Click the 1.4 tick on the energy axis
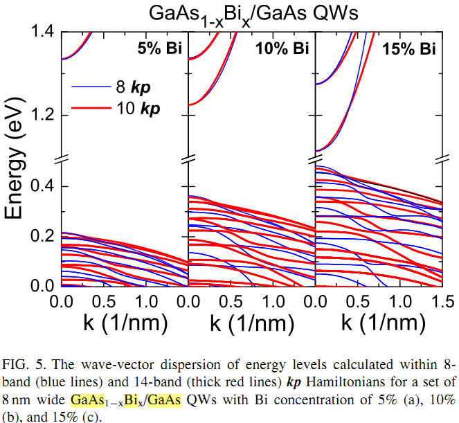pyautogui.click(x=42, y=31)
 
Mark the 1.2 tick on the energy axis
pyautogui.click(x=42, y=114)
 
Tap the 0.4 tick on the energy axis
pyautogui.click(x=42, y=187)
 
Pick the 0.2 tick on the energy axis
pyautogui.click(x=42, y=237)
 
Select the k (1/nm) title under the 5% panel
pyautogui.click(x=125, y=323)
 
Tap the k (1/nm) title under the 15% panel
pyautogui.click(x=379, y=323)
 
